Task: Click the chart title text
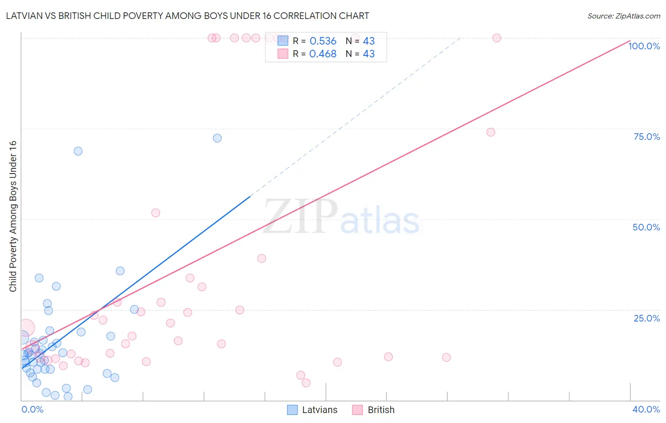(188, 16)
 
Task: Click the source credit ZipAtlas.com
(623, 16)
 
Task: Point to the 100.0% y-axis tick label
(644, 46)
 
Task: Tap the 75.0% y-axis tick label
(647, 137)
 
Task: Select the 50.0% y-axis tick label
(646, 227)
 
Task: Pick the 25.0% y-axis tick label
(647, 318)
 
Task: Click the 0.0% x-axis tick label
(32, 409)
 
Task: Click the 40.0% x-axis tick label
(646, 409)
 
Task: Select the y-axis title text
(13, 216)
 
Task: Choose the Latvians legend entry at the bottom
(313, 410)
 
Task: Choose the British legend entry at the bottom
(374, 410)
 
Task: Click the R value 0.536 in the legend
(323, 41)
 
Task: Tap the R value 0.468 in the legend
(323, 54)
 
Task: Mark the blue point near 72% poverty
(217, 138)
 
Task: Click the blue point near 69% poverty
(78, 151)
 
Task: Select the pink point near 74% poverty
(491, 132)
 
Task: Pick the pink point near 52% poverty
(156, 213)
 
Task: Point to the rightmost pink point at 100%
(497, 38)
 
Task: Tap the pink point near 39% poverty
(262, 258)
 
